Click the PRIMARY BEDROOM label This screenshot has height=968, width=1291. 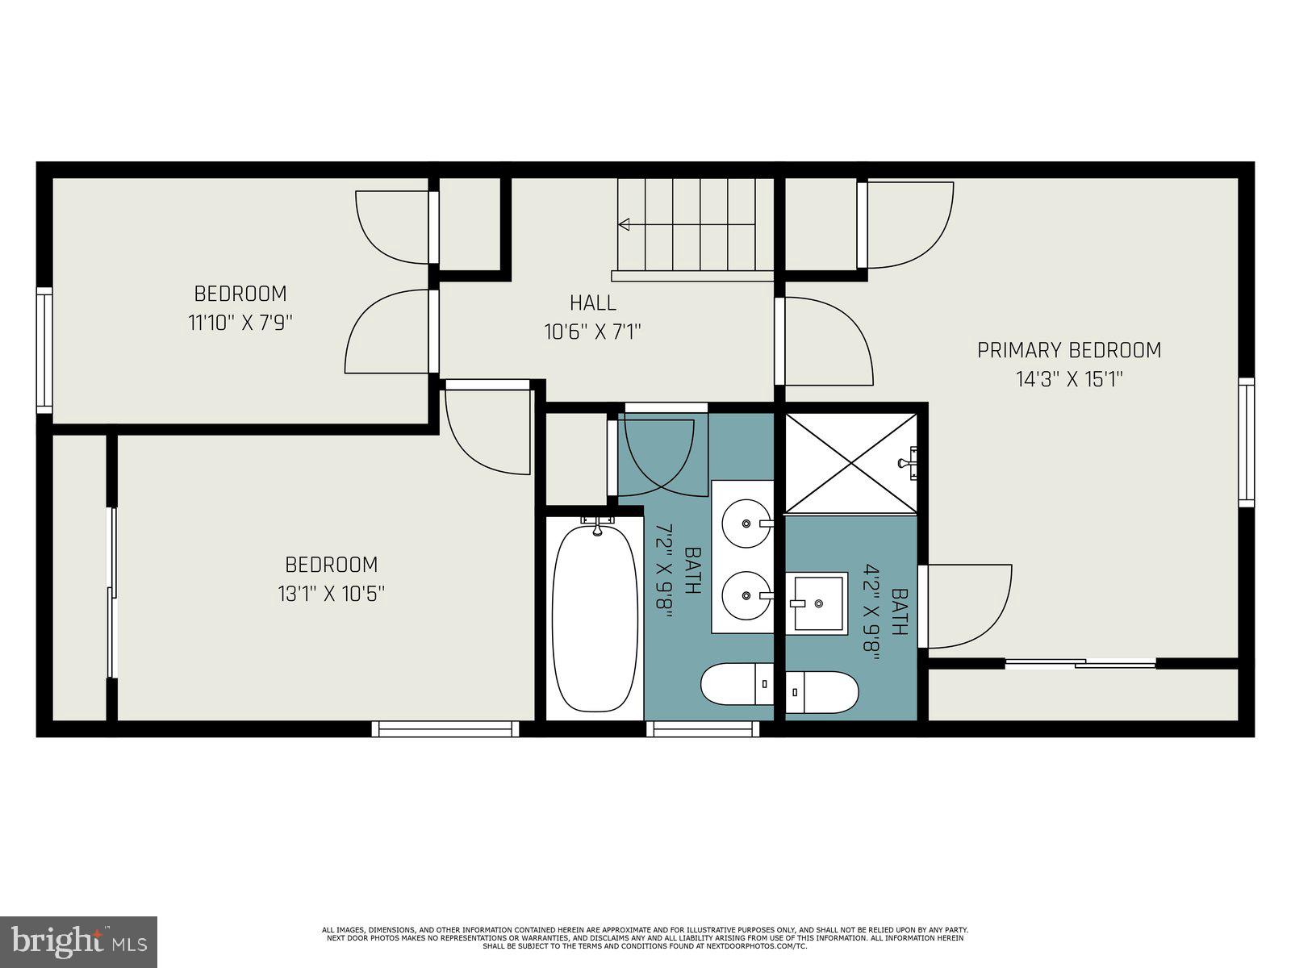click(1069, 350)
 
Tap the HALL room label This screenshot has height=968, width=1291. click(593, 303)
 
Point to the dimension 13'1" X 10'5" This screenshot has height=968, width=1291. click(331, 595)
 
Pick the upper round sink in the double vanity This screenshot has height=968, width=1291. click(746, 524)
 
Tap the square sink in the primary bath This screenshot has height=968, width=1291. click(820, 603)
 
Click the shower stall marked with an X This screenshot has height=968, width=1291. click(850, 464)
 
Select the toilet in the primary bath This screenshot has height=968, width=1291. click(821, 692)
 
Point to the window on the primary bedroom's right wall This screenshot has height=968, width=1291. click(1247, 442)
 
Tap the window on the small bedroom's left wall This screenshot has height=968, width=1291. click(44, 351)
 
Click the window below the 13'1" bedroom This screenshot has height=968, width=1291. click(445, 729)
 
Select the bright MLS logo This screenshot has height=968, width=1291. click(79, 941)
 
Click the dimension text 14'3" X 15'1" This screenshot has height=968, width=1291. click(1069, 379)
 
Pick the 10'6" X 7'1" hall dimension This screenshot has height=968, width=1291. click(593, 332)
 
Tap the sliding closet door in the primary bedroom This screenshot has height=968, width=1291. click(1080, 664)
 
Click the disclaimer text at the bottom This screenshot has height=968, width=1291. click(645, 937)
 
